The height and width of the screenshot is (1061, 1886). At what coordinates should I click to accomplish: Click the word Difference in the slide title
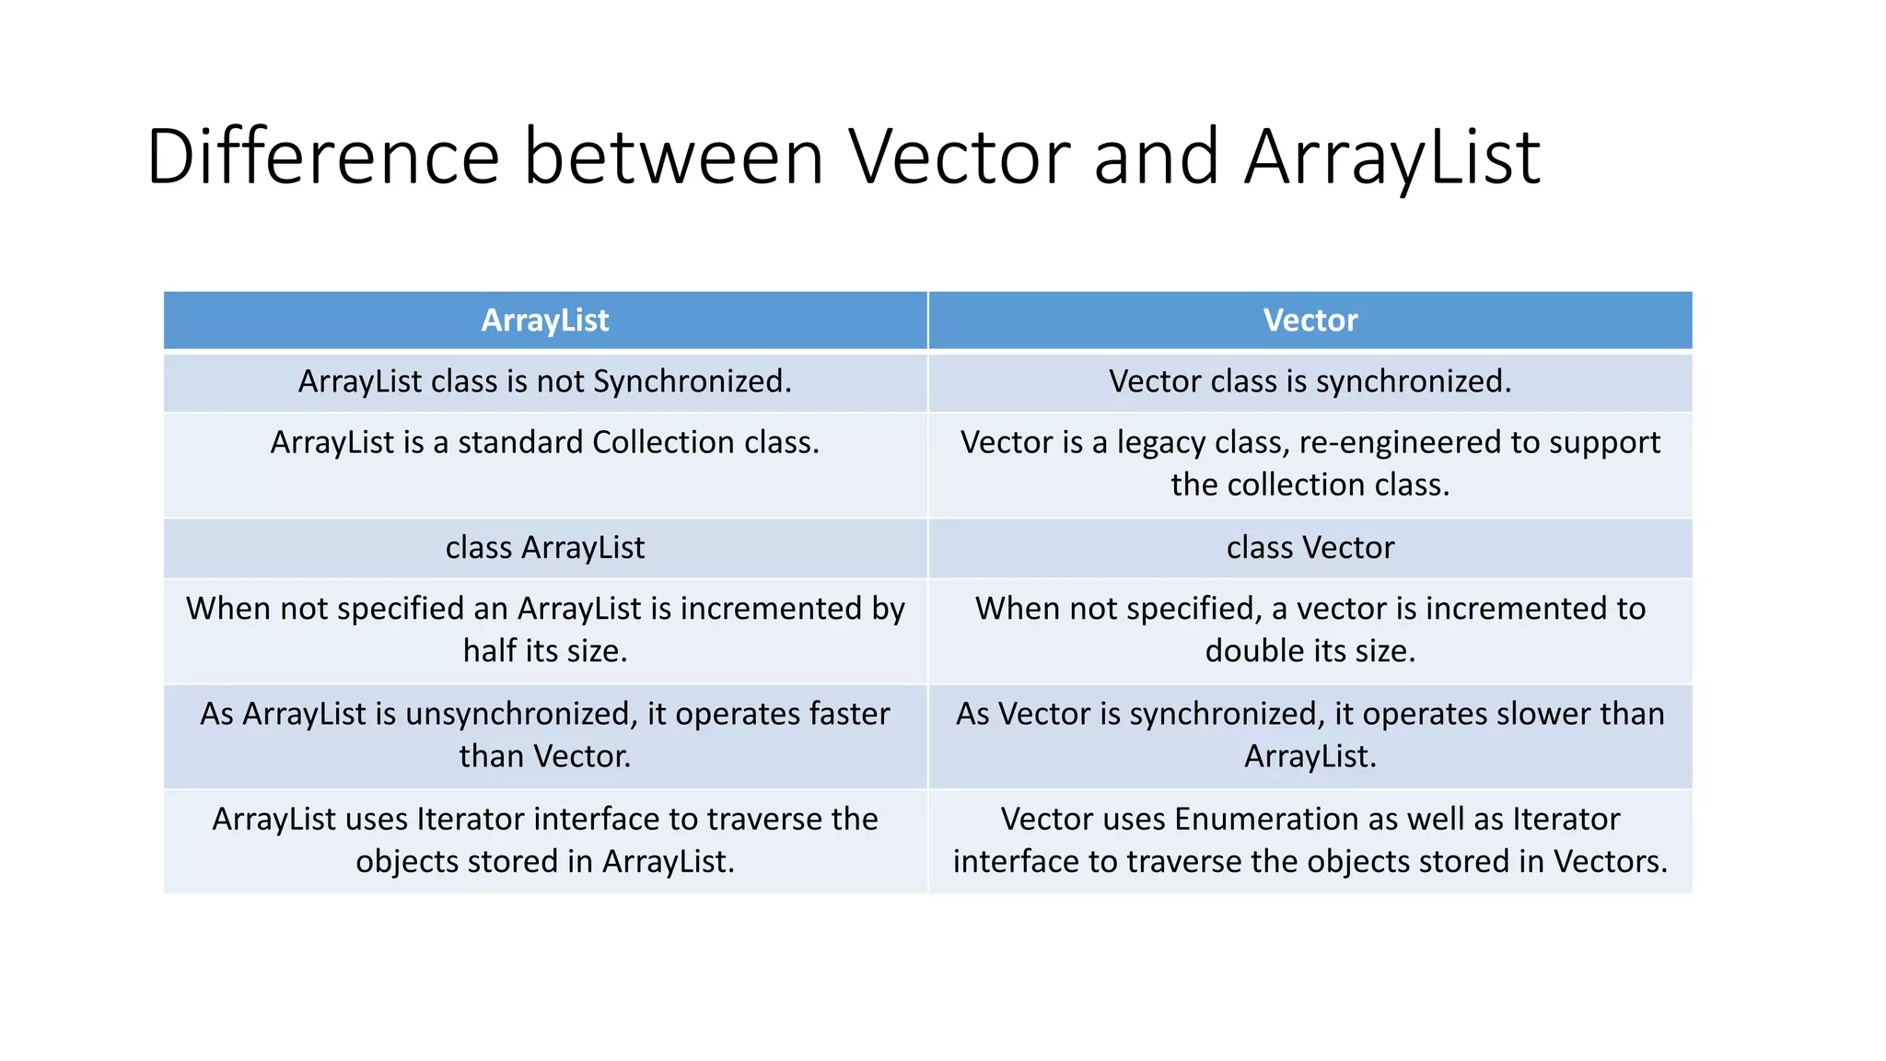point(322,157)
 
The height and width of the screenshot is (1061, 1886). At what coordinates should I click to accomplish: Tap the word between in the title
point(673,157)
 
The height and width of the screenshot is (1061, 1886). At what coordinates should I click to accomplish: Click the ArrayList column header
point(544,321)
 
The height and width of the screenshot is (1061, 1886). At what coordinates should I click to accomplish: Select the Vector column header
point(1310,321)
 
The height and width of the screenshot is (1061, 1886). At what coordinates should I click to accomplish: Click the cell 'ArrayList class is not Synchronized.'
point(544,381)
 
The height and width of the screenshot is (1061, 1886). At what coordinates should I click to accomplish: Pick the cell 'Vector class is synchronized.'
point(1310,381)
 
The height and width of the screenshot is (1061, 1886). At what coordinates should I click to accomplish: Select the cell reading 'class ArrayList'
point(544,548)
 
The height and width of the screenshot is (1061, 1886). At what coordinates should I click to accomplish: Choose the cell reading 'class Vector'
point(1310,548)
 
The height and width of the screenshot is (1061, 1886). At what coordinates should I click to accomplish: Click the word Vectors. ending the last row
point(1611,862)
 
